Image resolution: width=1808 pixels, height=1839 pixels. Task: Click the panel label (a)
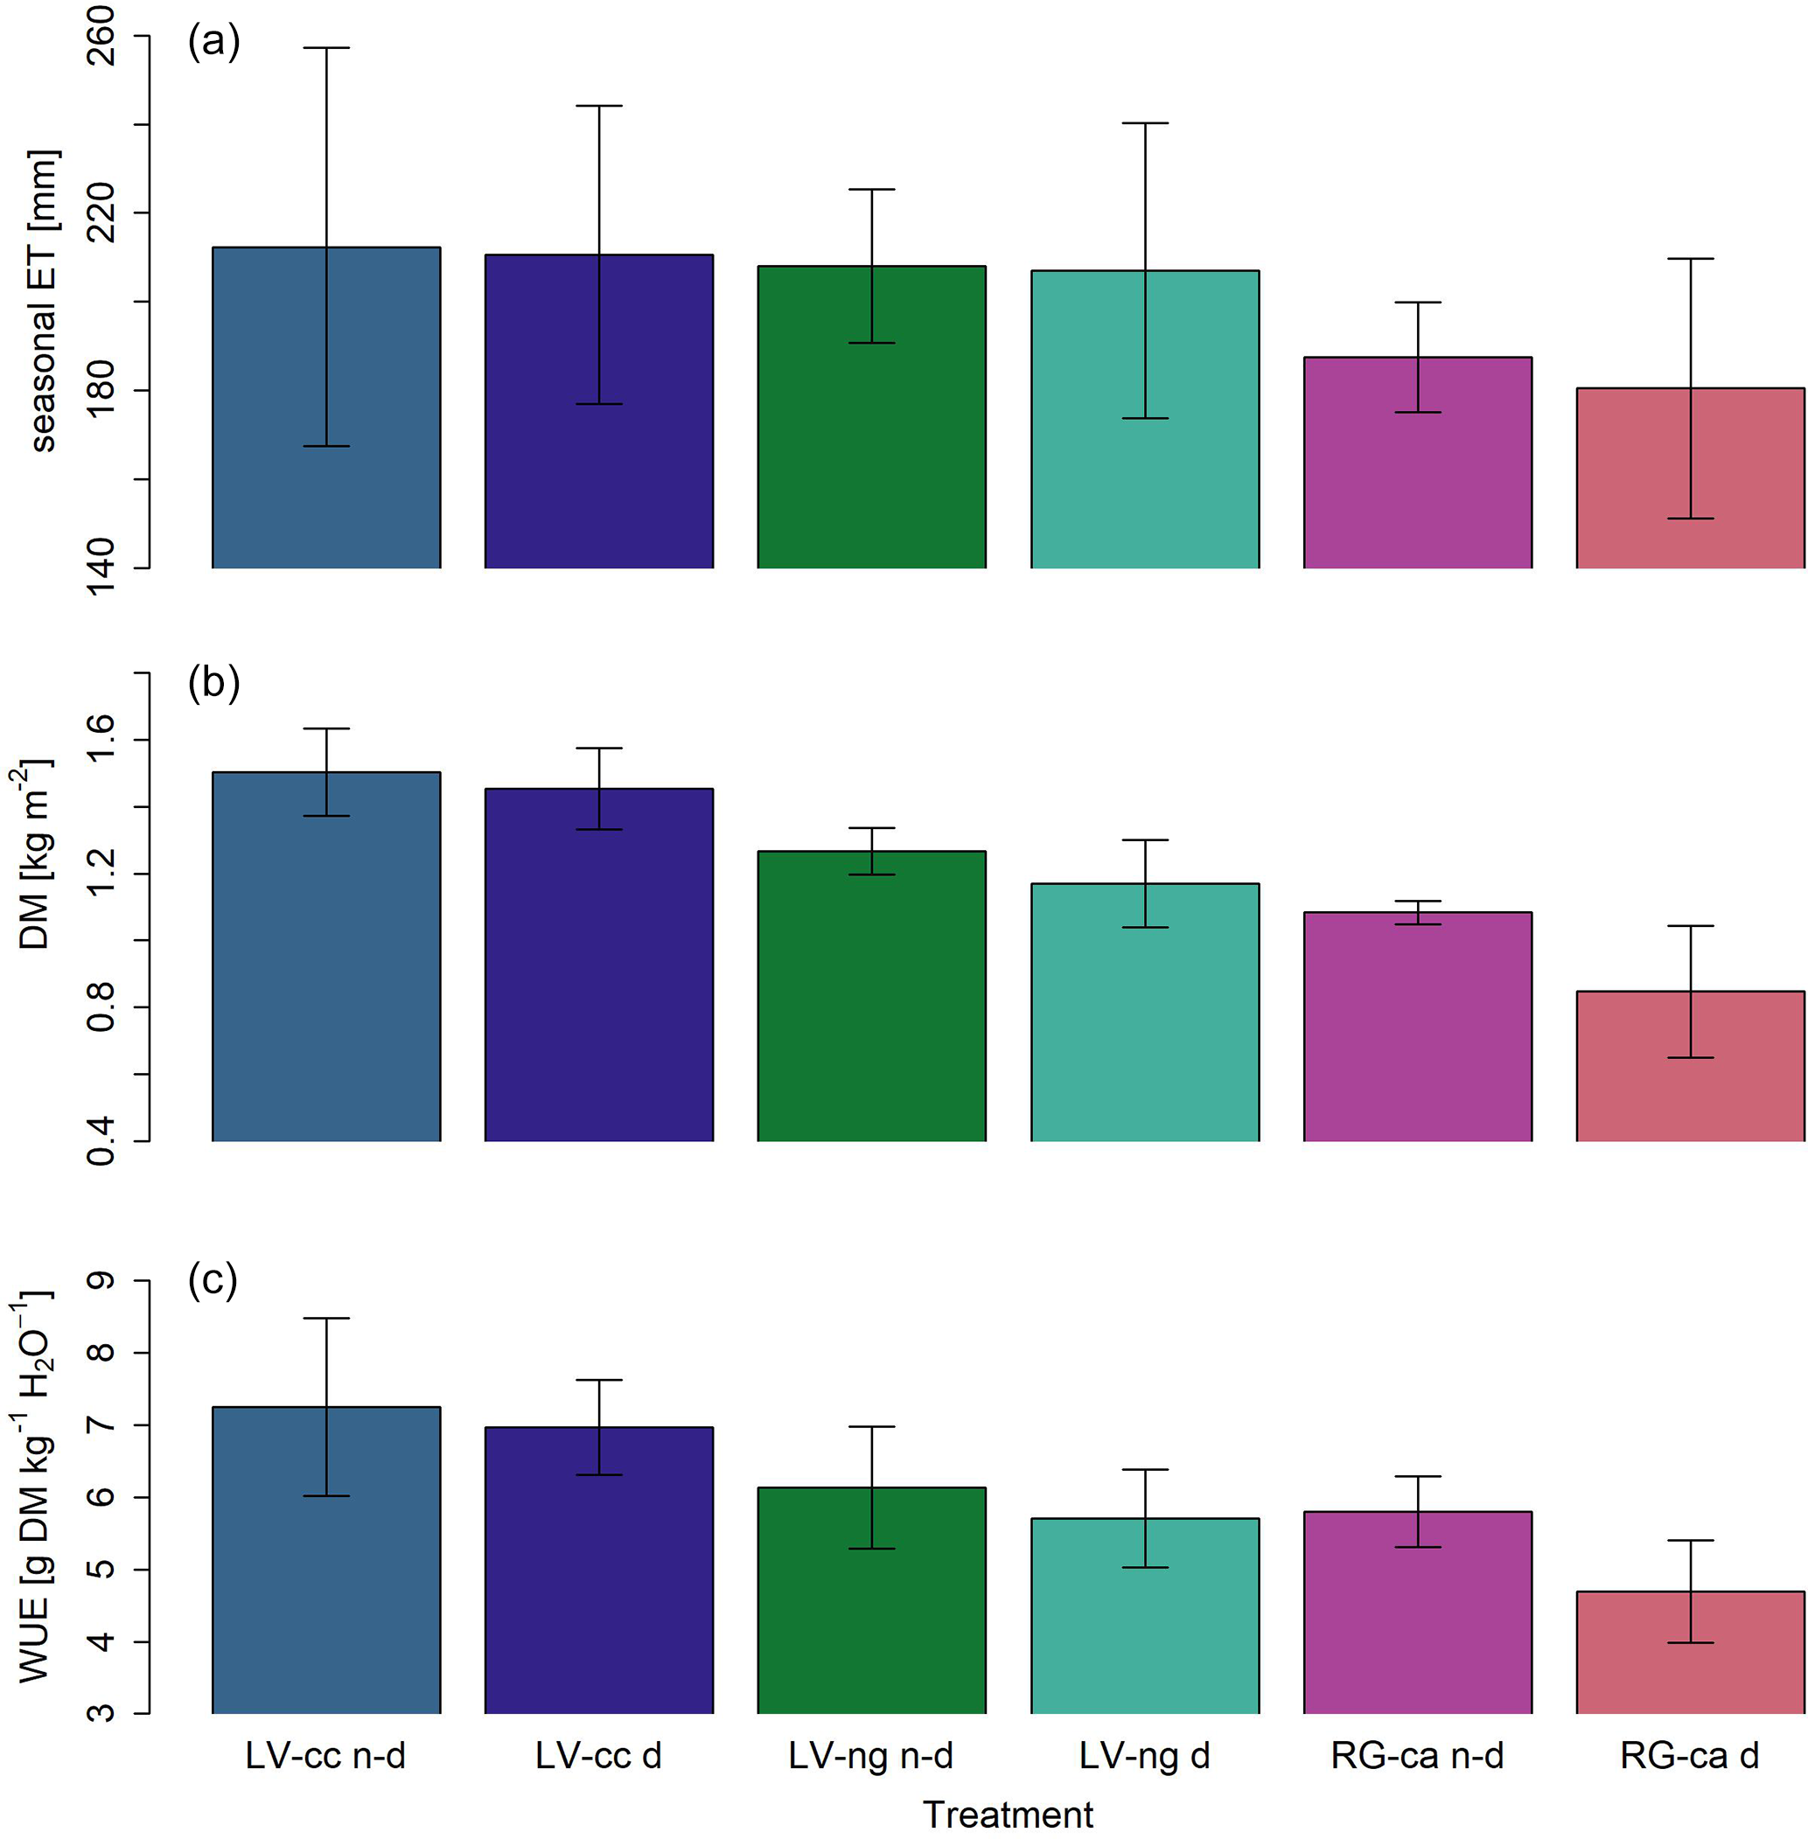pyautogui.click(x=213, y=42)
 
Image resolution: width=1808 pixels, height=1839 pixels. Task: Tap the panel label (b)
pyautogui.click(x=213, y=683)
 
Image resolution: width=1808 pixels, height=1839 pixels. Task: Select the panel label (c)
pyautogui.click(x=213, y=1281)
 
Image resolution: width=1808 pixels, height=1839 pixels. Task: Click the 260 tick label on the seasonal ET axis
pyautogui.click(x=101, y=36)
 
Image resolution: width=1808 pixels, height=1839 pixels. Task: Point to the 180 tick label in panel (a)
pyautogui.click(x=101, y=390)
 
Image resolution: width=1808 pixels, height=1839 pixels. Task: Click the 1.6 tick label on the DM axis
pyautogui.click(x=101, y=740)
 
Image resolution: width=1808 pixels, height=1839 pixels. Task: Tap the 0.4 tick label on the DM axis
pyautogui.click(x=101, y=1140)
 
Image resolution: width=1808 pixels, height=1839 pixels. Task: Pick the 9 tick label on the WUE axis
pyautogui.click(x=101, y=1281)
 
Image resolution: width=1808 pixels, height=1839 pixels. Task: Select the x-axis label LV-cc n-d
pyautogui.click(x=325, y=1757)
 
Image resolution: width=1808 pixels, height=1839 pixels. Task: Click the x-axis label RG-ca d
pyautogui.click(x=1689, y=1757)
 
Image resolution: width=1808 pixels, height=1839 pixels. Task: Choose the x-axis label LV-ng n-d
pyautogui.click(x=871, y=1757)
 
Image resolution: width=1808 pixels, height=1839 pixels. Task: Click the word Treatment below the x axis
pyautogui.click(x=1008, y=1815)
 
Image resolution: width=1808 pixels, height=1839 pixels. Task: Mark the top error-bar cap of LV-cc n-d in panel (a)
pyautogui.click(x=326, y=47)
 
